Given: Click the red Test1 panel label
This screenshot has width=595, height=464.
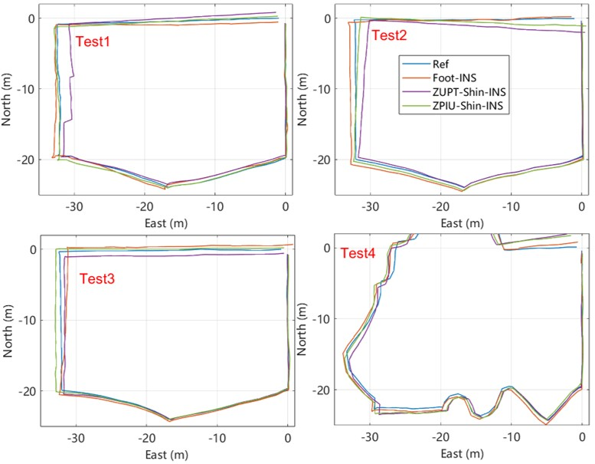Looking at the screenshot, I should pyautogui.click(x=93, y=41).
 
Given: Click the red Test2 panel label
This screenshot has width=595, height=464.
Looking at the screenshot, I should pyautogui.click(x=388, y=35).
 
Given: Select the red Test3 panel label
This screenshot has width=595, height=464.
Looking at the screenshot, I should pyautogui.click(x=97, y=278).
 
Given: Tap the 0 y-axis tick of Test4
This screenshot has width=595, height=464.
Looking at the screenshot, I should pyautogui.click(x=326, y=248).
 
